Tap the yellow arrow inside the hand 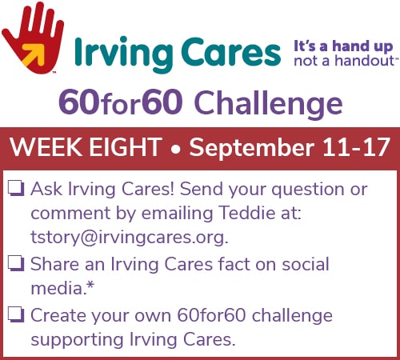[34, 54]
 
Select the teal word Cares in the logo [231, 52]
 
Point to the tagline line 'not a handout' [344, 61]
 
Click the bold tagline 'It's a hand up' [343, 46]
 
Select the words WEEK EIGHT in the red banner [86, 147]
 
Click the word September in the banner [252, 148]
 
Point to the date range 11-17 [357, 147]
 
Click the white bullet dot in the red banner [175, 150]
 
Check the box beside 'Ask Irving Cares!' [16, 189]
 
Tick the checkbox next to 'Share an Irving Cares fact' [16, 264]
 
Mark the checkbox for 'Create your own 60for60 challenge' [16, 314]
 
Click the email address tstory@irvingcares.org [130, 238]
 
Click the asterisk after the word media [90, 286]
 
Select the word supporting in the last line [78, 340]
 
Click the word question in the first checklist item [308, 190]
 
